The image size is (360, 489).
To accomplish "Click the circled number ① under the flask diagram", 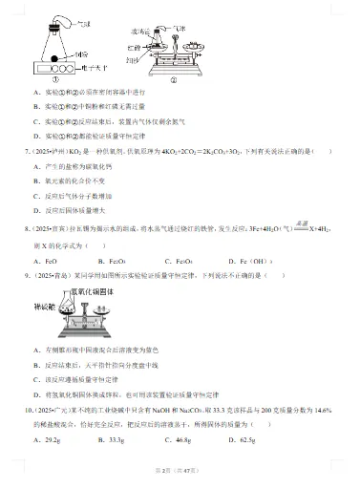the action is click(60, 81).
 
